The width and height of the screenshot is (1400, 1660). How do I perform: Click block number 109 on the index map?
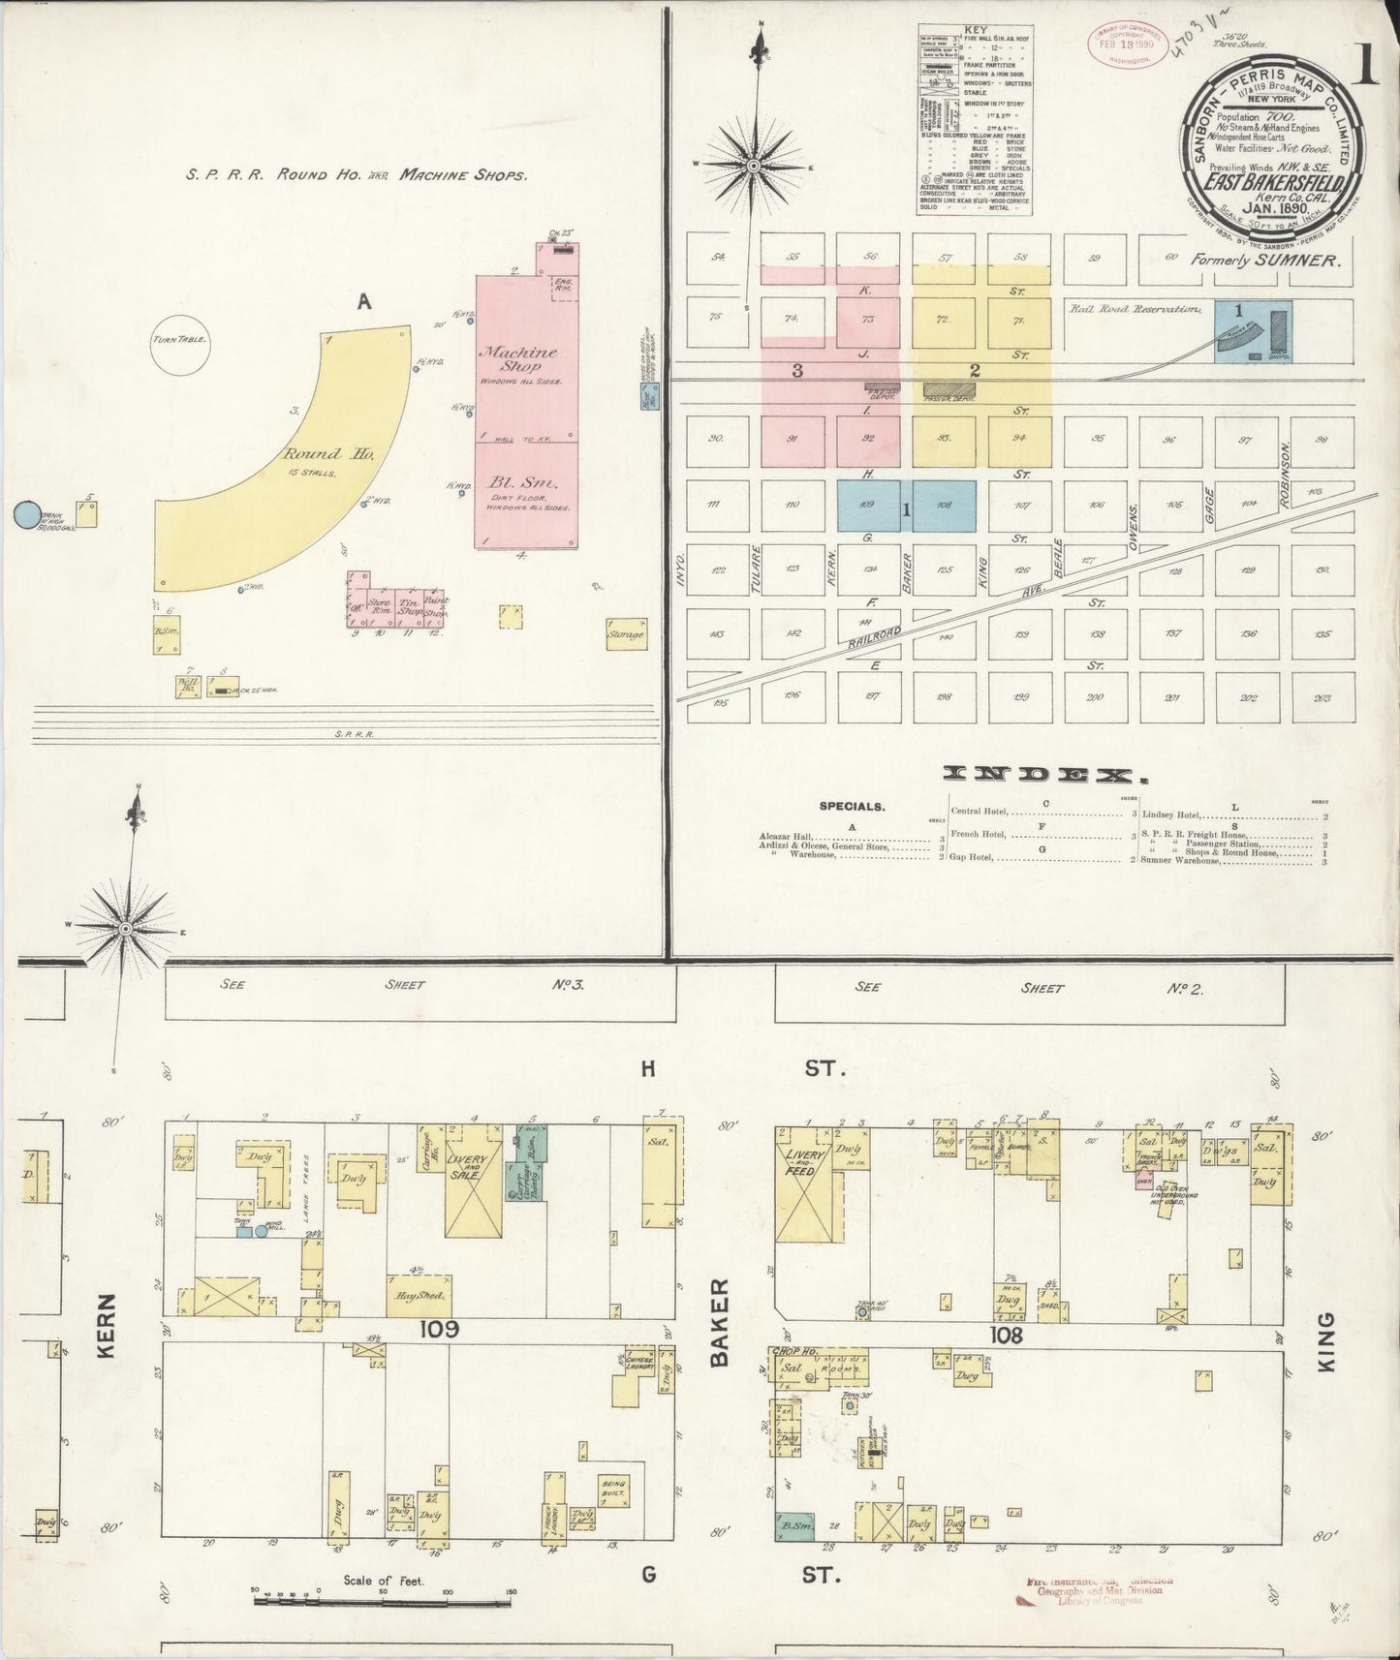click(867, 506)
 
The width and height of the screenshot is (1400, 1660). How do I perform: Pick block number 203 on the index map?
click(1322, 698)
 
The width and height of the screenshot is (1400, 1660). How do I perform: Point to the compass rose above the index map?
click(755, 167)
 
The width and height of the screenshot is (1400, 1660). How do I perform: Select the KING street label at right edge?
click(1326, 1341)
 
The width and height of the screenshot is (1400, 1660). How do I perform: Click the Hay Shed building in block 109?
click(420, 1296)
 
